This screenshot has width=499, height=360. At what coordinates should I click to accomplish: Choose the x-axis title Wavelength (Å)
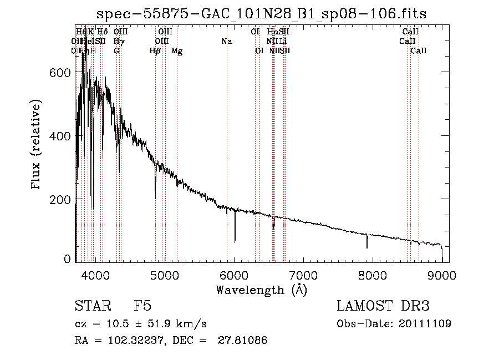point(261,289)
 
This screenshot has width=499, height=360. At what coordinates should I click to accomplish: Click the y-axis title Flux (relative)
point(37,146)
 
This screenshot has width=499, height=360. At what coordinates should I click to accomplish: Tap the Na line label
point(226,42)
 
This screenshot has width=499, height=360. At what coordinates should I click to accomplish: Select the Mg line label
point(177,51)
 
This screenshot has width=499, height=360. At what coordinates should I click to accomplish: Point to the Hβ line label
point(155,51)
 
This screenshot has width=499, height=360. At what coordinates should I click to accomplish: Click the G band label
point(116,51)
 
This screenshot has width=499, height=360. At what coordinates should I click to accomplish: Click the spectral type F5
point(142,306)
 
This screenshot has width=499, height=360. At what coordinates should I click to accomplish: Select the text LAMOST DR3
point(383,306)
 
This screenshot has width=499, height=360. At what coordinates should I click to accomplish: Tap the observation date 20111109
point(426,324)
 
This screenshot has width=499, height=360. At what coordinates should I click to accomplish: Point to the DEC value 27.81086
point(243,341)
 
